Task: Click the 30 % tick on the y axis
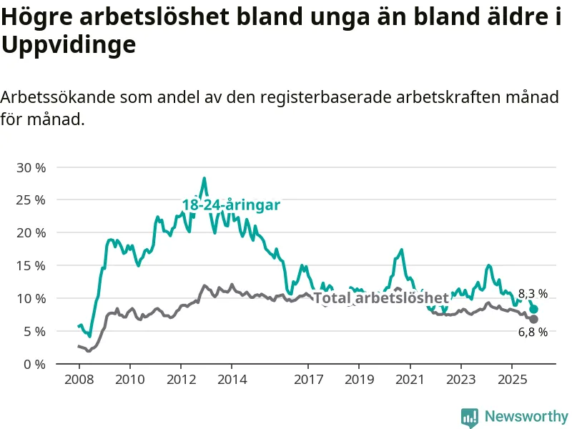pos(31,167)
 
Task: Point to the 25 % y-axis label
pos(31,200)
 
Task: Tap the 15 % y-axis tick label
pos(31,265)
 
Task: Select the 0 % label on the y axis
pos(34,364)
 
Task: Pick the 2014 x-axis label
pos(231,378)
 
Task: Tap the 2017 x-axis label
pos(308,378)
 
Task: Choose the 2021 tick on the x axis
pos(410,378)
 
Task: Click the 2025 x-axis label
pos(512,378)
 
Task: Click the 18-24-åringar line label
pos(231,205)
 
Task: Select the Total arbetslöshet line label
pos(381,298)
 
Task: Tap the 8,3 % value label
pos(533,294)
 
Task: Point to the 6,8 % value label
pos(533,332)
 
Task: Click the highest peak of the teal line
pos(204,178)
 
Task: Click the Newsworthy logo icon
pos(470,416)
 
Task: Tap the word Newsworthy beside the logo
pos(526,416)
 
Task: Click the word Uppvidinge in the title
pos(69,45)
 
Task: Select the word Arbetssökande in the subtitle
pos(57,97)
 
